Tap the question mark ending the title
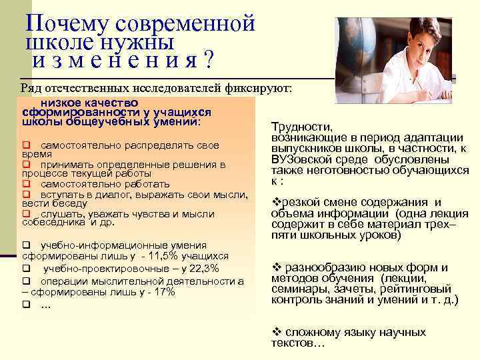click(209, 61)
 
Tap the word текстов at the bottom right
click(293, 343)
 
